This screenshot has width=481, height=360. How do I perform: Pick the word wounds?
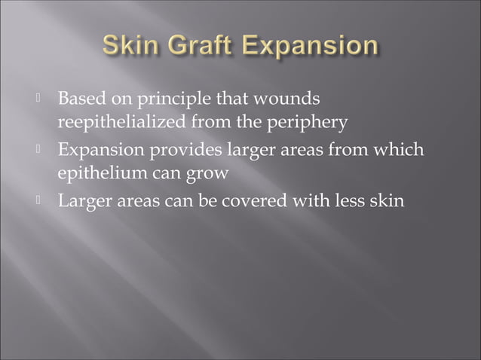(290, 99)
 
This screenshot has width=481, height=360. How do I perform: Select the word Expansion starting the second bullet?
(98, 151)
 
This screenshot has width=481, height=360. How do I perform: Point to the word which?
(402, 150)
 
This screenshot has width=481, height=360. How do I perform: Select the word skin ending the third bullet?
(389, 201)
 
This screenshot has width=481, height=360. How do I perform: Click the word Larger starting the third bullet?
(81, 202)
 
